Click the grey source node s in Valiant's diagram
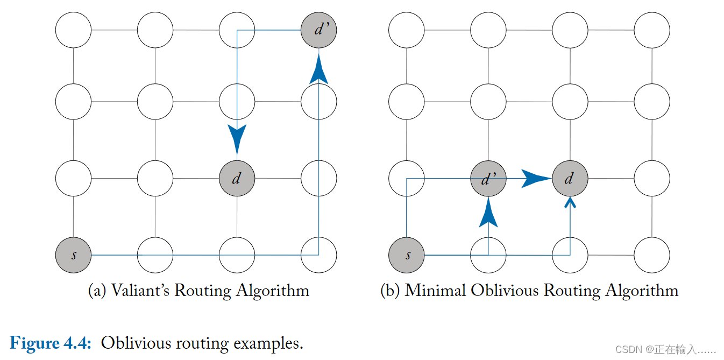coord(74,255)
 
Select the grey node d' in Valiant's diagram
coord(319,30)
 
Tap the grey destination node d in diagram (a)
coord(237,178)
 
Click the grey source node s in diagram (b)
coord(407,255)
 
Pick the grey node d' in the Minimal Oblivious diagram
coord(488,178)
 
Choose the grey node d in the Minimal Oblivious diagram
coord(570,178)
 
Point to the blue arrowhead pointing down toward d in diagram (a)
coord(237,138)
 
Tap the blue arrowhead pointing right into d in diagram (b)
coord(535,178)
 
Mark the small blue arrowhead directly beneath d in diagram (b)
coord(570,202)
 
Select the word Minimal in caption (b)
coord(435,291)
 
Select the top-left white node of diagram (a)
coord(74,30)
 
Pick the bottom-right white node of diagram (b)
coord(652,255)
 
